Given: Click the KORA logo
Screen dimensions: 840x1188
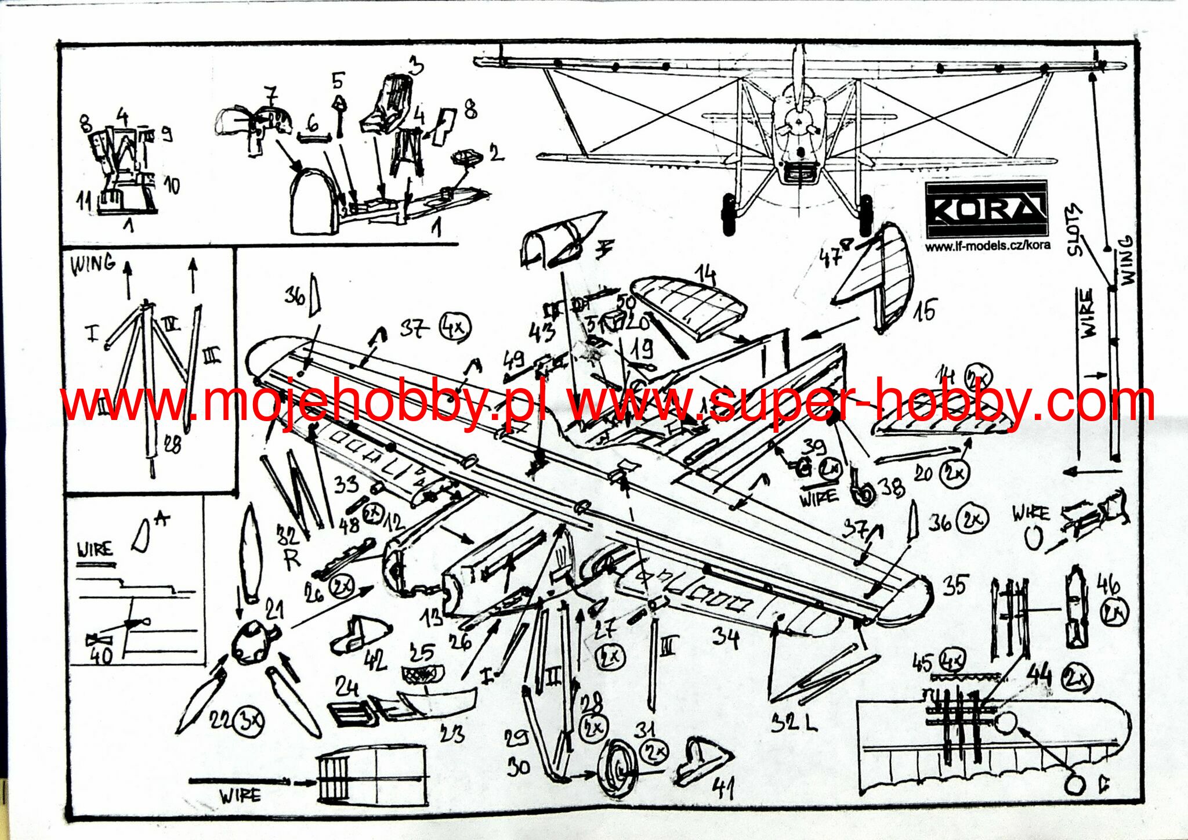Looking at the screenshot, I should coord(987,209).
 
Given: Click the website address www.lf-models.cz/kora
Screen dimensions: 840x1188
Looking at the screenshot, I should coord(987,245).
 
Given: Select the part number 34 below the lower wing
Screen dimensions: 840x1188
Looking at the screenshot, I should coord(726,638).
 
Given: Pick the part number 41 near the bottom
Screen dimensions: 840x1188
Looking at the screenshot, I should coord(723,788).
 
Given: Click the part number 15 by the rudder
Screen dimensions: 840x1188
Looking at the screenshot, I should coord(925,310).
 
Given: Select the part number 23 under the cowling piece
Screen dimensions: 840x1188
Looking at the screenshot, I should coord(452,734).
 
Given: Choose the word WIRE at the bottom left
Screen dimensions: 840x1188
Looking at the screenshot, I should coord(240,795).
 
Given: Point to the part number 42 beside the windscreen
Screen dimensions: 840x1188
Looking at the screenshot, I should coord(376,660).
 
